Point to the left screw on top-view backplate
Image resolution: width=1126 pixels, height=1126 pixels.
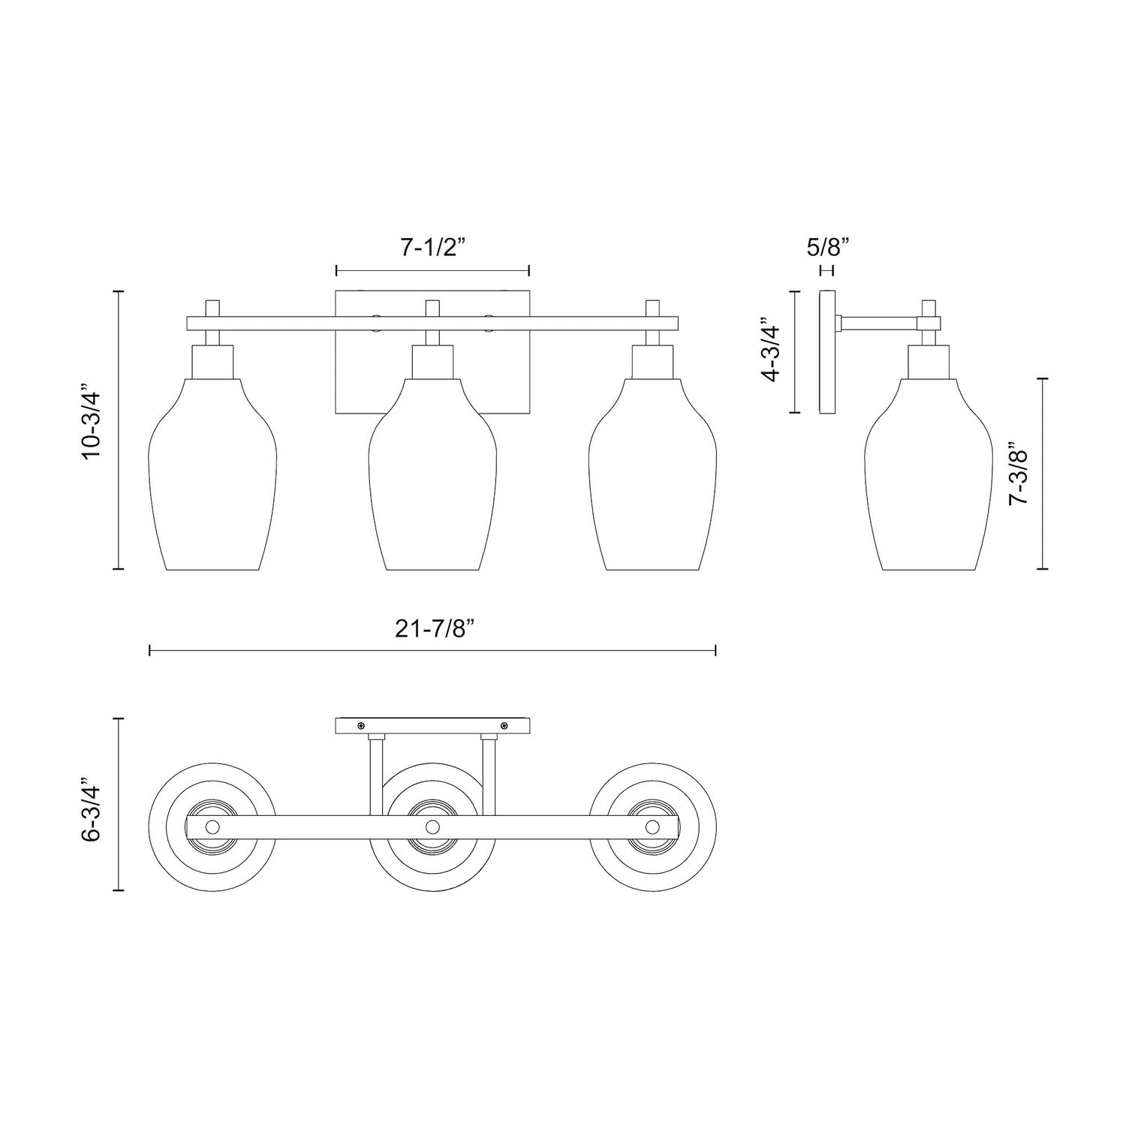[x=362, y=725]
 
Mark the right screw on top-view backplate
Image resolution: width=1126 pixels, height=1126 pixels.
[x=504, y=725]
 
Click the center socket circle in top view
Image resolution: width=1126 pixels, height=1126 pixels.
[x=432, y=826]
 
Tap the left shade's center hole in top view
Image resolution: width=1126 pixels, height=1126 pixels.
[x=212, y=826]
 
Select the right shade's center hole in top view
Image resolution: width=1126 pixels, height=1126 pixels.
[x=653, y=826]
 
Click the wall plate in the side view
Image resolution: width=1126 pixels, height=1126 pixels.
[x=827, y=352]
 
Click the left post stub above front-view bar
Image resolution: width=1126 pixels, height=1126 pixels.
[x=212, y=308]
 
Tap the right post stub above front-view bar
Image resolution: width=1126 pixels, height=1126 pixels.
[x=653, y=308]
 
